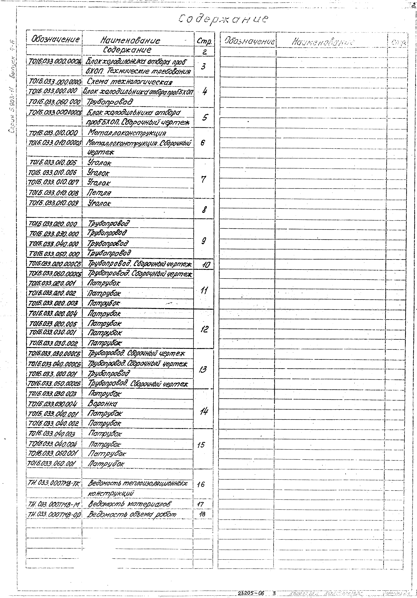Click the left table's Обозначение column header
55,40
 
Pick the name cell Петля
99,193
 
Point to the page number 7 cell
204,179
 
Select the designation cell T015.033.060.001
52,464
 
